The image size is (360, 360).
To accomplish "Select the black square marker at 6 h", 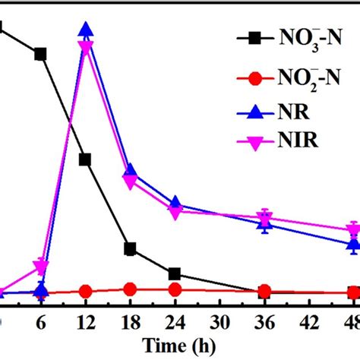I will (41, 53).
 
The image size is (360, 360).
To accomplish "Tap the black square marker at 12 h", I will (86, 159).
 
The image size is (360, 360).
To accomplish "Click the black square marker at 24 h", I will (175, 273).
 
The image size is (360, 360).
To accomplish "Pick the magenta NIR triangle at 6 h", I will (41, 267).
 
